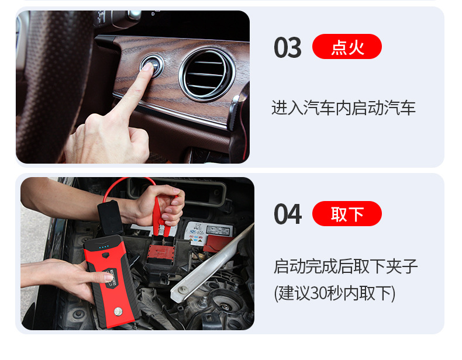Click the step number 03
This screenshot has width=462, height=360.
point(287,48)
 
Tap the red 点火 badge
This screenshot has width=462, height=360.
point(347,47)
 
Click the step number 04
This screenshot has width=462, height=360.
point(287,214)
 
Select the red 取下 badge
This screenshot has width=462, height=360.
point(347,214)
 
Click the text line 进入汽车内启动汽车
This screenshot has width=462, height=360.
point(343,108)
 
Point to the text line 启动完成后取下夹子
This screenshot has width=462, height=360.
point(346,266)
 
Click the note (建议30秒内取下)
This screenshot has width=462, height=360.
point(335,293)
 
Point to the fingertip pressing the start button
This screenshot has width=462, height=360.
point(147,69)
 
